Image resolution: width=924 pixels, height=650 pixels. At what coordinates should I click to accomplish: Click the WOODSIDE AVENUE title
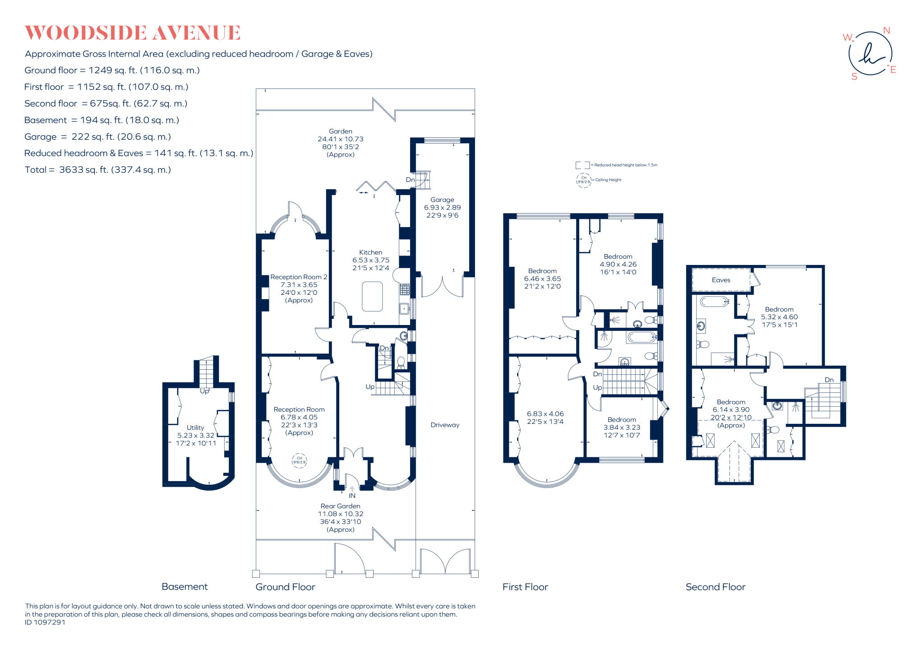coord(132,33)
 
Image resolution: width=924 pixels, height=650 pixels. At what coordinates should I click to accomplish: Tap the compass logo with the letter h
coord(870,54)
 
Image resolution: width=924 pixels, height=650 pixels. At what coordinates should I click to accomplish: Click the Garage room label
coord(442,200)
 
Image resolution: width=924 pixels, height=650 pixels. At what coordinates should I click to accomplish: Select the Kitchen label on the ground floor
coord(370,252)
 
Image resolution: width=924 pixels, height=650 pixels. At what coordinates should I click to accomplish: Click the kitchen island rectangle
coord(372,296)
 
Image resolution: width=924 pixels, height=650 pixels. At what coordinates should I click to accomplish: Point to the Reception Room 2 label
coord(299,277)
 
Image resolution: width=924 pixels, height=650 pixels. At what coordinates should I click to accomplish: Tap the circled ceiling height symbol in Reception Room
coord(299,460)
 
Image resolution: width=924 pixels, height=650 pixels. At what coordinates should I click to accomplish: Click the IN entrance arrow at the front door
coord(352,492)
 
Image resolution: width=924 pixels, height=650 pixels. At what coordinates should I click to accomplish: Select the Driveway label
coord(444,425)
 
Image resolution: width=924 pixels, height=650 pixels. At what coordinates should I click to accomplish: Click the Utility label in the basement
coord(195,427)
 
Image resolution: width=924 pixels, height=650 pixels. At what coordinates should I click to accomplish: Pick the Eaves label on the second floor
coord(721,280)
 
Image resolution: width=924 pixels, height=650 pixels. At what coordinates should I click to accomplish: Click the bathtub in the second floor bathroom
coord(714,301)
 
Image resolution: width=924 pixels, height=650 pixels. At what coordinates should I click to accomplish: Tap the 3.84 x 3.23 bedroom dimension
coord(622,427)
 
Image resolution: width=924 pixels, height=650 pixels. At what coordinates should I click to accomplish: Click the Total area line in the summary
coord(97,170)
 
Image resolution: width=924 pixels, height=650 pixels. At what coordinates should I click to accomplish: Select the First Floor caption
coord(525,587)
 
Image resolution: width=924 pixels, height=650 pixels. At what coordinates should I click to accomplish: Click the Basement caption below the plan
coord(185,586)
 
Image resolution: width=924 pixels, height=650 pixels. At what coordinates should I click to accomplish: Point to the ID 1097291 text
coord(45,622)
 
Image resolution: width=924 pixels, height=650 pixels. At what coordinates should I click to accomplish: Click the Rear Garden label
coord(340,506)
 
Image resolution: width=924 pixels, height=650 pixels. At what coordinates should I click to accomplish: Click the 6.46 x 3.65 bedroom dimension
coord(542,279)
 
